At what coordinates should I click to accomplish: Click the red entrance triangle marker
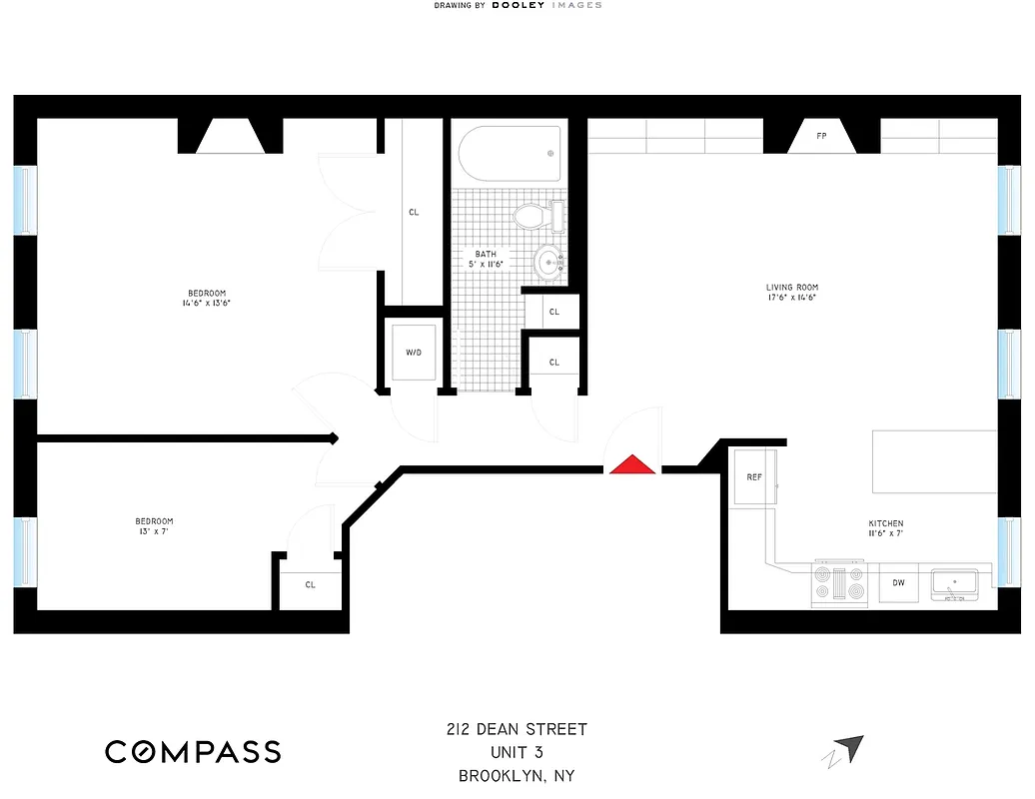point(633,464)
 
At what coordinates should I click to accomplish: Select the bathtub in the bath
point(510,153)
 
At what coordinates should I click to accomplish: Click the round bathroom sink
point(547,263)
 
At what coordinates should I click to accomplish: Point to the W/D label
point(414,353)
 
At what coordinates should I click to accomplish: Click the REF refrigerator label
point(754,477)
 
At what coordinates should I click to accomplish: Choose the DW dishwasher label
point(898,583)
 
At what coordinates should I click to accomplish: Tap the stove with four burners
point(838,583)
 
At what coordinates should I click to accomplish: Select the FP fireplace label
point(821,136)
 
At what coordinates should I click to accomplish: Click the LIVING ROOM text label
point(793,288)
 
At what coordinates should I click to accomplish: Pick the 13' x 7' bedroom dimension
point(154,531)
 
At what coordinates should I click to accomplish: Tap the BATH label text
point(485,254)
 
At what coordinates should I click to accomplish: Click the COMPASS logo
point(193,751)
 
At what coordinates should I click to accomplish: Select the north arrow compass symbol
point(846,748)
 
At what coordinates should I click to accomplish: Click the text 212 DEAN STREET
point(517,729)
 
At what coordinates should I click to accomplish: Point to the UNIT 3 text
point(517,752)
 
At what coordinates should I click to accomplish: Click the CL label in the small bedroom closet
point(310,584)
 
